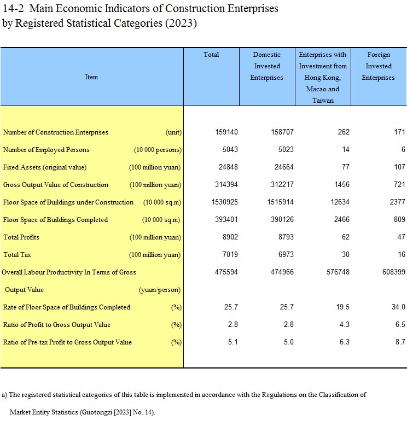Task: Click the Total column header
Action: [x=211, y=55]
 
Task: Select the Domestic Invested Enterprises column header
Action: [x=266, y=66]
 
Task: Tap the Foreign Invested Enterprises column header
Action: [x=379, y=66]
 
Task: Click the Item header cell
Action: [x=91, y=77]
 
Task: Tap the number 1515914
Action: [x=281, y=202]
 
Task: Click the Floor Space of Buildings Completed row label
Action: [x=55, y=220]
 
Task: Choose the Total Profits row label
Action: [x=21, y=237]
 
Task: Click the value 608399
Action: [x=392, y=272]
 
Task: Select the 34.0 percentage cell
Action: [x=398, y=307]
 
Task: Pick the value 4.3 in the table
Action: [x=344, y=325]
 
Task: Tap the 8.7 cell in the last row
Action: [x=400, y=342]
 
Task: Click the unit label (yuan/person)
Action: [x=160, y=290]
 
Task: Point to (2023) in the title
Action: [x=183, y=24]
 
